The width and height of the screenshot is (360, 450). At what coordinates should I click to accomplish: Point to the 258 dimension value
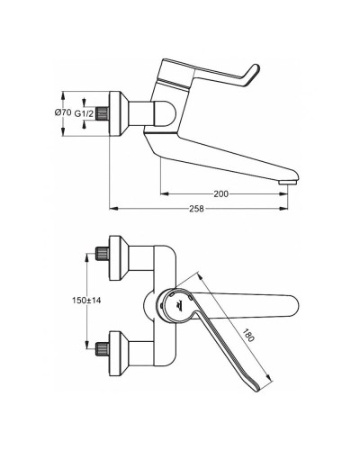click(x=197, y=209)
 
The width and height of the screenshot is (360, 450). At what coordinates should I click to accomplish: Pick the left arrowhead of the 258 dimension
click(x=112, y=209)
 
